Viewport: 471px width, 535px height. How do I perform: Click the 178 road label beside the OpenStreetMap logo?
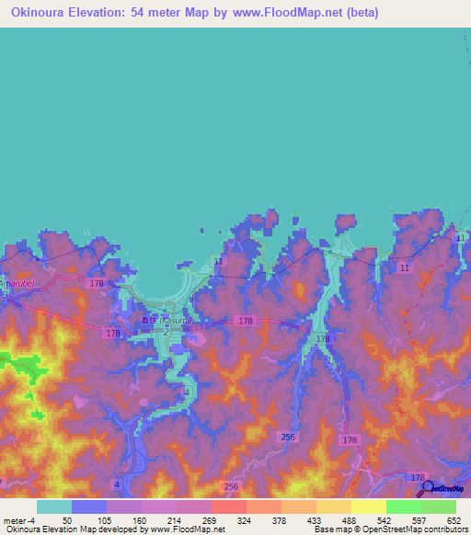[419, 477]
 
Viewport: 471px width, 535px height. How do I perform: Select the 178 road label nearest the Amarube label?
[98, 285]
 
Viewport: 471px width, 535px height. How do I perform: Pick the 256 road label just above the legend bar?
[231, 486]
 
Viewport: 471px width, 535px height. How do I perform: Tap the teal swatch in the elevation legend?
[54, 507]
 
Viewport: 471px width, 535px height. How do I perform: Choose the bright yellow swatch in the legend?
[368, 507]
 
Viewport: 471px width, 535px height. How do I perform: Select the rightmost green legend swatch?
[438, 507]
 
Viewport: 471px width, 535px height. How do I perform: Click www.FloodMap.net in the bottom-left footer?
[189, 529]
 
